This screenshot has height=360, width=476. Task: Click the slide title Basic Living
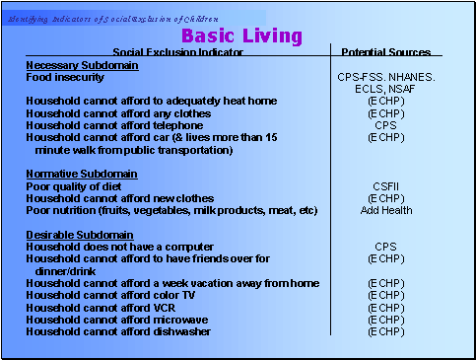(241, 36)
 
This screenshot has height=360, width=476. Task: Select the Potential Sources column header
(385, 52)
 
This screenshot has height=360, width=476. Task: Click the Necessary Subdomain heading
(82, 64)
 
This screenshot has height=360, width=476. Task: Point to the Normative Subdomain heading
(79, 174)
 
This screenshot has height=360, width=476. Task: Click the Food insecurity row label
(68, 77)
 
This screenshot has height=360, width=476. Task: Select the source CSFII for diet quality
(385, 185)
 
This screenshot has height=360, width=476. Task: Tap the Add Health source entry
(385, 210)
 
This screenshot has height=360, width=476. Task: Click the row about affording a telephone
(114, 125)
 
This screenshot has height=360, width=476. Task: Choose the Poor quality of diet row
(76, 185)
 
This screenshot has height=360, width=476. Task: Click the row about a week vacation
(172, 283)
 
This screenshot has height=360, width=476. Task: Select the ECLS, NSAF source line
(385, 89)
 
